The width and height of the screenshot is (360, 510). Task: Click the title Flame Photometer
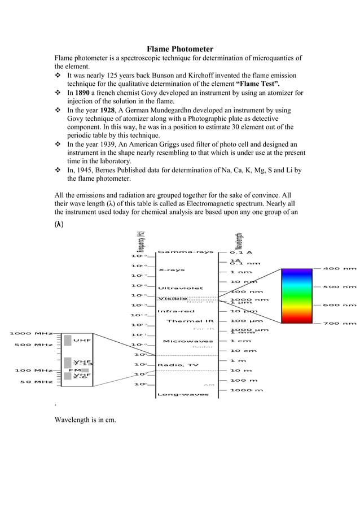(180, 49)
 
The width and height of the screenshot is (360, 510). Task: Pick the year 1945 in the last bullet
(86, 170)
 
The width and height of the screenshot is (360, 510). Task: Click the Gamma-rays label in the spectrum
(186, 252)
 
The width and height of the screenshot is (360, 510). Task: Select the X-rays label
(172, 270)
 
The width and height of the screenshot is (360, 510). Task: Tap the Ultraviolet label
(180, 288)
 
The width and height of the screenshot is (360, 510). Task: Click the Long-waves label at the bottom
(182, 394)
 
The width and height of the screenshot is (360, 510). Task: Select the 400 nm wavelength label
(340, 269)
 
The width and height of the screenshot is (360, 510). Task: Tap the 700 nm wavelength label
(340, 324)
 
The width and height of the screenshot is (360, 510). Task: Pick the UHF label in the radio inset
(82, 341)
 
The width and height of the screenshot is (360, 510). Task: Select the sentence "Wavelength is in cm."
(85, 420)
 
